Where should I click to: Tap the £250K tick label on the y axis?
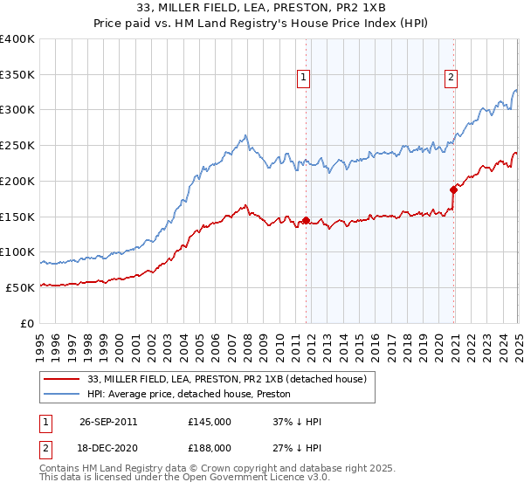coord(17,145)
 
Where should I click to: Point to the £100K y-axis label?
coord(17,251)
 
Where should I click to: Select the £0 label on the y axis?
coord(27,323)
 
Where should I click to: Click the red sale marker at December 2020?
coord(453,189)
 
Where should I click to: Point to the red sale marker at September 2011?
coord(306,220)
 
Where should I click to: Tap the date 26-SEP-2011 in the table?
coord(107,422)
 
